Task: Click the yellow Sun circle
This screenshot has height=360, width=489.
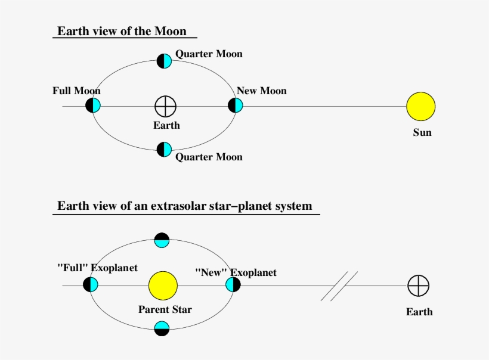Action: (x=420, y=106)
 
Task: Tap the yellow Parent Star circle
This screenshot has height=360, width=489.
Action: (x=163, y=285)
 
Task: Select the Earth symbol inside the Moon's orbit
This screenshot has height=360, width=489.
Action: (x=165, y=106)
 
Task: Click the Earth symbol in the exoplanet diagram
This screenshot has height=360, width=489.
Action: (x=418, y=285)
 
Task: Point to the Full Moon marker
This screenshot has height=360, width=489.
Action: (x=93, y=105)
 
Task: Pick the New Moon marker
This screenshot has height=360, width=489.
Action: (x=236, y=105)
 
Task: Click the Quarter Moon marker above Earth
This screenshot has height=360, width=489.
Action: (x=164, y=61)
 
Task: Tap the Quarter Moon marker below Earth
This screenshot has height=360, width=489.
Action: (x=164, y=149)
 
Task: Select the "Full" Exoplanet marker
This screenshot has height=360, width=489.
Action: (x=91, y=284)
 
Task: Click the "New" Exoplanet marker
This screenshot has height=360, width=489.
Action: (x=233, y=284)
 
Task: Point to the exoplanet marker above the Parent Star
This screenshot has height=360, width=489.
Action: (x=162, y=240)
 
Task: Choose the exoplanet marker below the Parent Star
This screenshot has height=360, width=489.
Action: (x=162, y=328)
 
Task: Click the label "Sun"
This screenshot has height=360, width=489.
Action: (x=422, y=132)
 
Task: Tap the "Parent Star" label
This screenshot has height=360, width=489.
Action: (x=165, y=309)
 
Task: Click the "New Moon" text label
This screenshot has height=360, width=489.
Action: (x=262, y=91)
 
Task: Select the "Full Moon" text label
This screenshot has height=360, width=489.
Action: (x=76, y=91)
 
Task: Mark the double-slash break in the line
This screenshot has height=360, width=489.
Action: (x=339, y=286)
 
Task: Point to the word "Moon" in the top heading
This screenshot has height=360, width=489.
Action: (x=171, y=31)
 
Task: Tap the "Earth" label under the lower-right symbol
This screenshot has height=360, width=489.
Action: (x=419, y=312)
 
